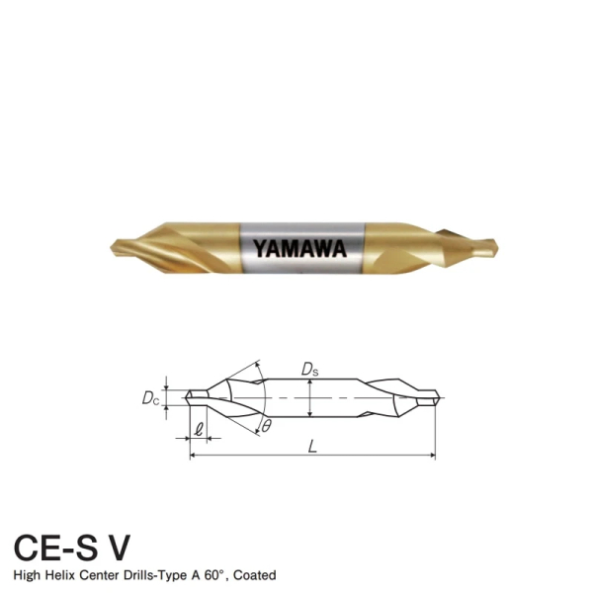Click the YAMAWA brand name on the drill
[299, 247]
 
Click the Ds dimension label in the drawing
[309, 369]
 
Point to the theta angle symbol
[266, 426]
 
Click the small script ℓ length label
[199, 429]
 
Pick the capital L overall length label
[312, 447]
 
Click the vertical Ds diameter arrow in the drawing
[309, 397]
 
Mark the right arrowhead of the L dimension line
[432, 457]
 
